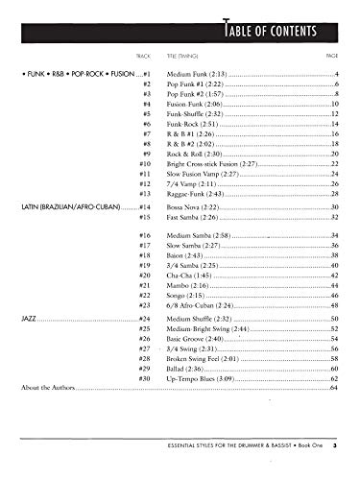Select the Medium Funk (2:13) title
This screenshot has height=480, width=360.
[195, 74]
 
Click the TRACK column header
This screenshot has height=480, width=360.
[145, 56]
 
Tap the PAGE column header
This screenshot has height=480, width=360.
[329, 56]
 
